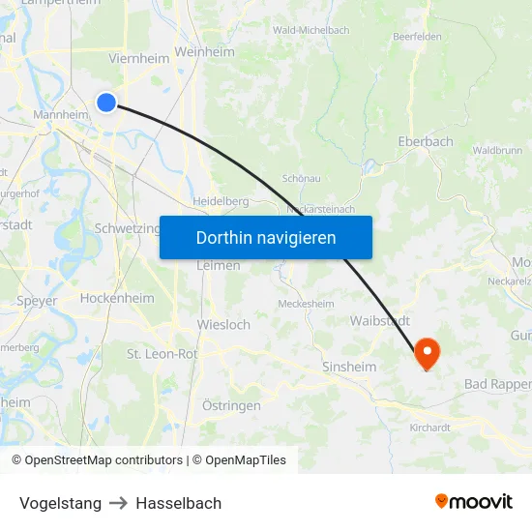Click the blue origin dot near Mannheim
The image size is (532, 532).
[106, 102]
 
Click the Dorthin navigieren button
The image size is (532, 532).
[266, 237]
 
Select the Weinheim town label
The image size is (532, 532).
[205, 52]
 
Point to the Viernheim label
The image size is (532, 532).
[139, 58]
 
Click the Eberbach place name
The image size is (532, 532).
[426, 141]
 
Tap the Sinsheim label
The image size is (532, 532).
[350, 367]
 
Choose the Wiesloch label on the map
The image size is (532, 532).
[223, 324]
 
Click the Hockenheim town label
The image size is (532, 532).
[117, 299]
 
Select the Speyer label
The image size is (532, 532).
[37, 301]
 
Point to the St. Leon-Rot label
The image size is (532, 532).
[163, 354]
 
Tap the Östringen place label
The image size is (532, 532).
[231, 405]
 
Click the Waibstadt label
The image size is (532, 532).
[380, 320]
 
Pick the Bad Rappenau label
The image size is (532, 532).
[497, 384]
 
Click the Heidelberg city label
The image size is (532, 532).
[222, 200]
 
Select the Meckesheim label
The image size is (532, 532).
[306, 303]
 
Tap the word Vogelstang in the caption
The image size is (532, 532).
[60, 503]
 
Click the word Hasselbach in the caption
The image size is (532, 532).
[179, 503]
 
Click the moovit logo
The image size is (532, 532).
[473, 501]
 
